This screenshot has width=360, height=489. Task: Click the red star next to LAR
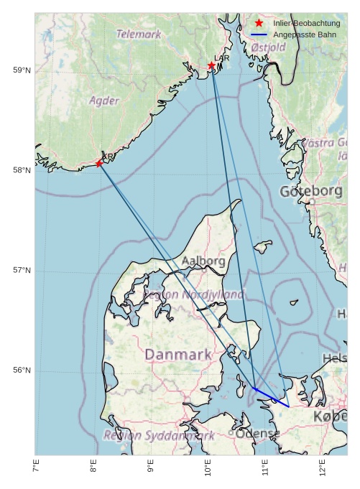coord(212,66)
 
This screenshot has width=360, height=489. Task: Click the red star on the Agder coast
coord(99,164)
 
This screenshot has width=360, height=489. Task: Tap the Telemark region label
coord(139,34)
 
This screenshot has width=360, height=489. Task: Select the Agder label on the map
coord(104,101)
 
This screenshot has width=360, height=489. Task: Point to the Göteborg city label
coord(311,192)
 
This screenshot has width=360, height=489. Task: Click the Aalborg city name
coord(203,261)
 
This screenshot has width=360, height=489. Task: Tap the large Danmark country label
coord(178,354)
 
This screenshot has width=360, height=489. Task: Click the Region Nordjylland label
coord(194,294)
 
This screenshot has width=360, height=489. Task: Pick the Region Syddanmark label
coord(159,435)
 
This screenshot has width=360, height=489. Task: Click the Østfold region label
coord(269,47)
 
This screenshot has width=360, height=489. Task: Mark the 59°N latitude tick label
coord(22,70)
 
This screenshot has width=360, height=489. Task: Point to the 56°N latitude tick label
coord(22,371)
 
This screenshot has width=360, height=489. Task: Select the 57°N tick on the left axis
coord(22,271)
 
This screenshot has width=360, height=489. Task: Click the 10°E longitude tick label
coord(208,470)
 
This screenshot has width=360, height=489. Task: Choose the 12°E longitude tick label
coord(322,470)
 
